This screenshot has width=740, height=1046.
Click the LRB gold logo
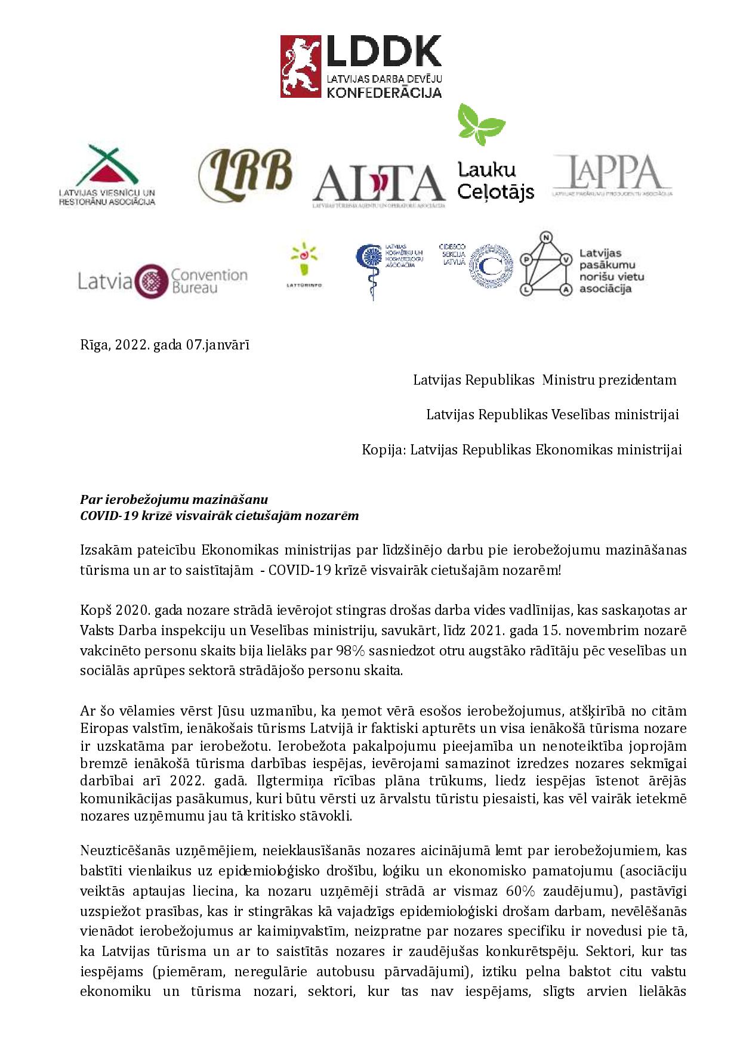(x=245, y=172)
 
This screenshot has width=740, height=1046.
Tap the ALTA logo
(x=379, y=183)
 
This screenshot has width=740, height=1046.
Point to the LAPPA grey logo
(x=612, y=174)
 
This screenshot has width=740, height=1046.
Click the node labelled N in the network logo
(x=544, y=238)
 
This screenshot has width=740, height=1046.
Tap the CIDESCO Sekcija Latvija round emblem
(x=491, y=268)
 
